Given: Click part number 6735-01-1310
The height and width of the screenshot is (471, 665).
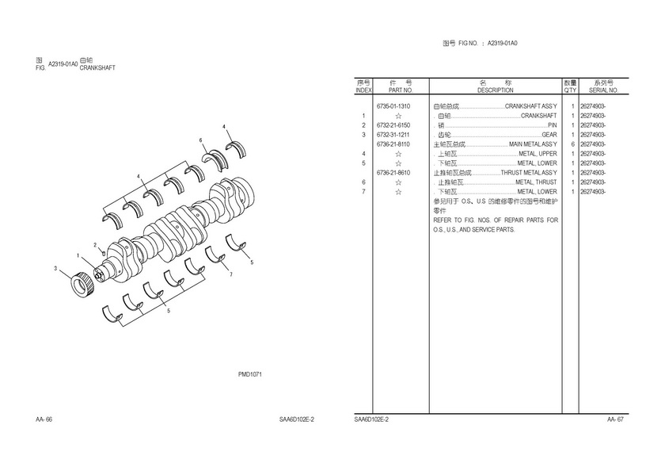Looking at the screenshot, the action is [x=393, y=106].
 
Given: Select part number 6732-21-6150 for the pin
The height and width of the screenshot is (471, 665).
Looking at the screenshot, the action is [x=393, y=125].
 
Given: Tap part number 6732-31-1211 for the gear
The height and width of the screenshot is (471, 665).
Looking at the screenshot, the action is [x=393, y=135].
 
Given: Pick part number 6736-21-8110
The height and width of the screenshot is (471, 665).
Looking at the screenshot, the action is [x=393, y=144].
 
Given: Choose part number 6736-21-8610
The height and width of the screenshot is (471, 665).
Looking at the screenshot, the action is [x=393, y=173].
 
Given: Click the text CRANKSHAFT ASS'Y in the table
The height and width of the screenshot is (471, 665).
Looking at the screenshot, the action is [x=531, y=106].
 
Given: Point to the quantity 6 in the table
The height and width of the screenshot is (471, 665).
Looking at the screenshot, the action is [x=572, y=144].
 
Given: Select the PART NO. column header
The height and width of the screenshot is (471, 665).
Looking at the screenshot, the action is [x=401, y=90].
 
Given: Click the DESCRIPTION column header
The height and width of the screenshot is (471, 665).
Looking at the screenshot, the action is [x=496, y=90].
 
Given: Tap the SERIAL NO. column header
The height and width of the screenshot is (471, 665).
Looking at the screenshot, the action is [x=603, y=90].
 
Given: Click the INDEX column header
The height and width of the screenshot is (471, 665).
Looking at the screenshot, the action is [x=363, y=90].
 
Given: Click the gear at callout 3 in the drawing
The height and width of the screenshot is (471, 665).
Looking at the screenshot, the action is [x=82, y=285].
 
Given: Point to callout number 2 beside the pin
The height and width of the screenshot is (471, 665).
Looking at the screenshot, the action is [x=95, y=245].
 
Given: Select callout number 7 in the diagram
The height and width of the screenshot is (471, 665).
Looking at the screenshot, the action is [x=231, y=274].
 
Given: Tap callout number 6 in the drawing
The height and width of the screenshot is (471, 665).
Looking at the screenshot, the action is [x=200, y=140].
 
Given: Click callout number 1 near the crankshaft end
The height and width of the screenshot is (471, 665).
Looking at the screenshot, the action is [x=78, y=255].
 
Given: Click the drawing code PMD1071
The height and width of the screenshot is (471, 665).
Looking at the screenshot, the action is [x=250, y=374].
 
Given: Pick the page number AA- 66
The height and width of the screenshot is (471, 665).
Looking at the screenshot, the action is [x=44, y=419].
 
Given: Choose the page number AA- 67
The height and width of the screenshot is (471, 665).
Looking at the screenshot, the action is [x=615, y=419].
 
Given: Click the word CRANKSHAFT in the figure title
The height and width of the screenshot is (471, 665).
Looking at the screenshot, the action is [x=97, y=67].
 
